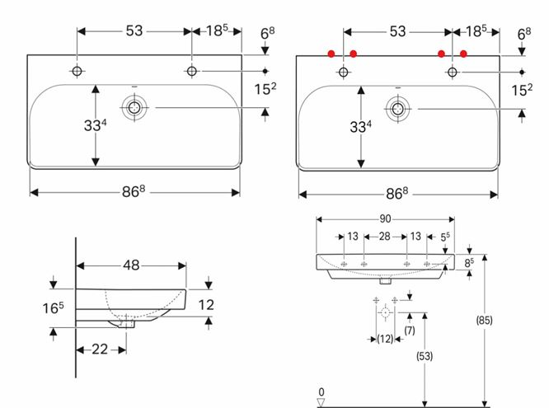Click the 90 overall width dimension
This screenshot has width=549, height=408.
point(385,219)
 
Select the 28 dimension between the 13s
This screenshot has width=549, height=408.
point(384,237)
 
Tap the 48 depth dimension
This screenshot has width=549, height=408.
point(131,265)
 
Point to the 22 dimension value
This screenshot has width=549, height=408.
point(100,349)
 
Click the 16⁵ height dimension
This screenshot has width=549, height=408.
point(54,307)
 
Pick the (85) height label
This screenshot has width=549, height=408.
point(484,320)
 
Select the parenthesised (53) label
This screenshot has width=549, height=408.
point(425,356)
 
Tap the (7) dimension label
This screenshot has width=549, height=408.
point(410,331)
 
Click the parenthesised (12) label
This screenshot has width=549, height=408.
point(385,339)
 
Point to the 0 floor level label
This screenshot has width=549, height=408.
point(321,392)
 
